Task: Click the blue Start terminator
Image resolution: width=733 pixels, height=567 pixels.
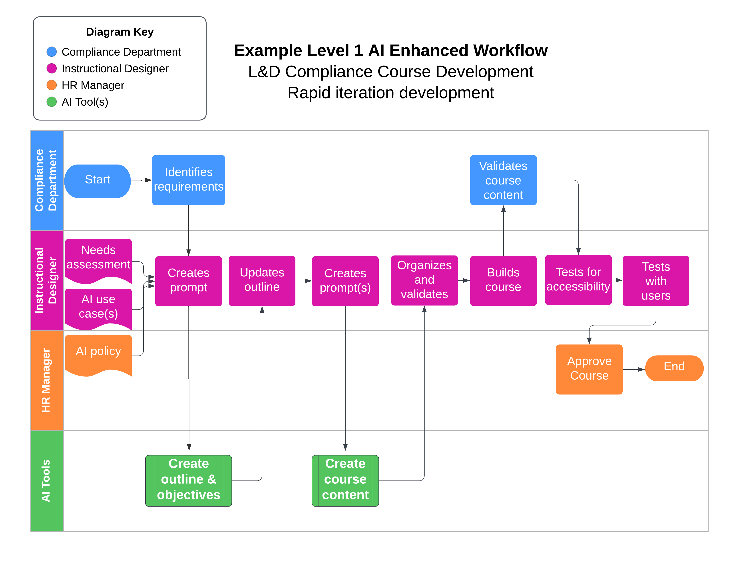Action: pos(97,181)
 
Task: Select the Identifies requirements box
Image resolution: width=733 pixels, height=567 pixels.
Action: pos(188,180)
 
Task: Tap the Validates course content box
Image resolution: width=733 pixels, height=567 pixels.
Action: pos(503,180)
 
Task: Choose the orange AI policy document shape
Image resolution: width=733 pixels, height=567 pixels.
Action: pos(98,355)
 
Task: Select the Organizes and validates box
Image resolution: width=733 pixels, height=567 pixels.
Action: pos(424,280)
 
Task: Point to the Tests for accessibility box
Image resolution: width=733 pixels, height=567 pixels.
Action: pos(578,280)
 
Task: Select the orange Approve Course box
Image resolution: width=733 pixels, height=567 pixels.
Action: pos(589,369)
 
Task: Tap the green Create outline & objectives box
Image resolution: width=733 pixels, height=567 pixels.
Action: pos(189,481)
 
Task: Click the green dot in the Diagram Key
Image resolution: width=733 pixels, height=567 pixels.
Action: pos(52,102)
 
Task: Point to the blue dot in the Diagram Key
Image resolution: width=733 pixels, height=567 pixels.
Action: pos(52,52)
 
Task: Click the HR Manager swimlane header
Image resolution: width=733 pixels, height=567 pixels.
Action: pos(47,380)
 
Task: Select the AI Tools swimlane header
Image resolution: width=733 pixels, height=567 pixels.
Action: pos(47,481)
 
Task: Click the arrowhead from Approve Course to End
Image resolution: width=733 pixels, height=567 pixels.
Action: pos(641,370)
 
